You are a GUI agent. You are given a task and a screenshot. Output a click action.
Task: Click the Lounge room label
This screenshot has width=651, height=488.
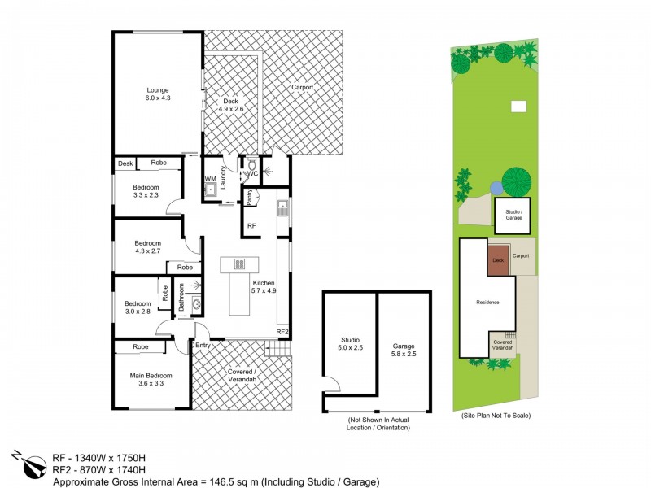click(158, 94)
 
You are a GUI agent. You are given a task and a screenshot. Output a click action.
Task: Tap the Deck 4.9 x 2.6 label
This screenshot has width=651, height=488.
click(231, 104)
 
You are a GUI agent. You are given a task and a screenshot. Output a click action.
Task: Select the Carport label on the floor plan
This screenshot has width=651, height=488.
click(302, 87)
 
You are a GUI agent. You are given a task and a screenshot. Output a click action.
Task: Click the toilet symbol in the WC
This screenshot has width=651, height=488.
click(251, 163)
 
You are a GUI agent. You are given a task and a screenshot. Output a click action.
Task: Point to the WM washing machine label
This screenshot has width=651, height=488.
click(210, 178)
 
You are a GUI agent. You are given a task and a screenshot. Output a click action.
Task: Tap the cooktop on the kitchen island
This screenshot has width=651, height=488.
click(240, 264)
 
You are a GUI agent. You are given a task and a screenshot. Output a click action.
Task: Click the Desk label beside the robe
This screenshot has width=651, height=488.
click(125, 163)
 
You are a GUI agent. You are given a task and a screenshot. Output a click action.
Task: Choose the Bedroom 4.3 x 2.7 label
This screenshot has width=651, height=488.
click(148, 247)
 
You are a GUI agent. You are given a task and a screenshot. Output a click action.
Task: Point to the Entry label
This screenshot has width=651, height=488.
click(203, 346)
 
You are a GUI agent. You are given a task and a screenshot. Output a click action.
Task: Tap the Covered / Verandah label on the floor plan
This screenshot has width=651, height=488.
click(242, 377)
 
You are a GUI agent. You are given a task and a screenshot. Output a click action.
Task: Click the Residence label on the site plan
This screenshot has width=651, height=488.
click(487, 303)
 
